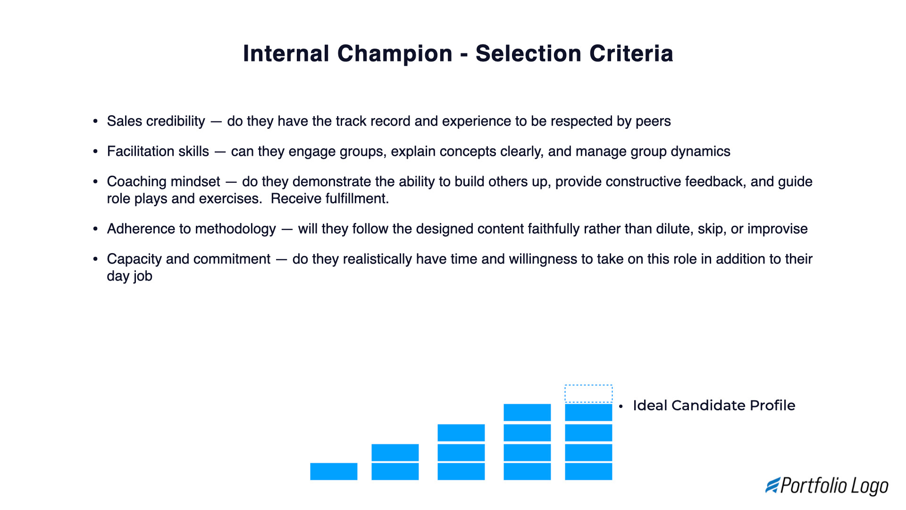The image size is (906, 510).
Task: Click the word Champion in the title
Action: point(394,53)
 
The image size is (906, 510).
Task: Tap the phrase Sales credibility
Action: point(156,121)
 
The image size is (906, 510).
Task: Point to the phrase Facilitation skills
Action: point(158,152)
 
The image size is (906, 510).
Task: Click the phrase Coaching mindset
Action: point(163,182)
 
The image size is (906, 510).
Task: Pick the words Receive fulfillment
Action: point(330,199)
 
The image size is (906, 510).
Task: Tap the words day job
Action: point(129,276)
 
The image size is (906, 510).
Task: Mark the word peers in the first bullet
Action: point(653,121)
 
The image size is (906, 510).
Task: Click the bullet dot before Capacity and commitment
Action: point(96,259)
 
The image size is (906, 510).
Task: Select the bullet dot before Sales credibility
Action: point(96,121)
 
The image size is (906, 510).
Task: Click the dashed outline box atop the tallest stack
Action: point(588,393)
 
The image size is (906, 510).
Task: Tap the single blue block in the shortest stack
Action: point(334,471)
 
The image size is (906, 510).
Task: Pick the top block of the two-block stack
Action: point(395,452)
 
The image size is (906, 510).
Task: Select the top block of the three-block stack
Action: point(461,433)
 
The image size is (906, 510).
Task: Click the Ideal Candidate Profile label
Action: point(714,406)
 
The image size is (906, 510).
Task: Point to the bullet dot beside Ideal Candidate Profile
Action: point(621,406)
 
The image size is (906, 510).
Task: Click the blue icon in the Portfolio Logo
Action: point(772,485)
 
